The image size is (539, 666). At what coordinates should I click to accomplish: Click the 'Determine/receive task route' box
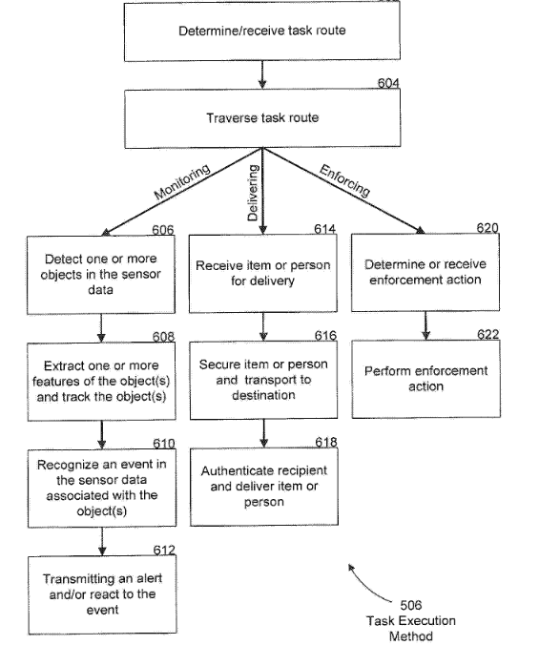(x=261, y=31)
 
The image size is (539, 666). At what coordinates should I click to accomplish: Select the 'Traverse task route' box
(x=261, y=119)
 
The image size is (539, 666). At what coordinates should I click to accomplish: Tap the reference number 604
(x=387, y=84)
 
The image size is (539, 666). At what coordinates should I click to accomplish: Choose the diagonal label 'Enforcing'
(x=344, y=178)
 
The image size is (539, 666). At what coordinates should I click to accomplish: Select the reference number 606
(x=162, y=229)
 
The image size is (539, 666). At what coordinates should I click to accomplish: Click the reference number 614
(x=324, y=229)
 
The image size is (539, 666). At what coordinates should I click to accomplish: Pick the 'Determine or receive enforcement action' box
(x=425, y=272)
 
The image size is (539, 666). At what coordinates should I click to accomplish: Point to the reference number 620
(x=487, y=229)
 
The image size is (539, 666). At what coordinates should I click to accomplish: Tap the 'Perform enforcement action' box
(x=425, y=379)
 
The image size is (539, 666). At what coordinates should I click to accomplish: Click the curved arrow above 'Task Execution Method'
(x=363, y=579)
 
